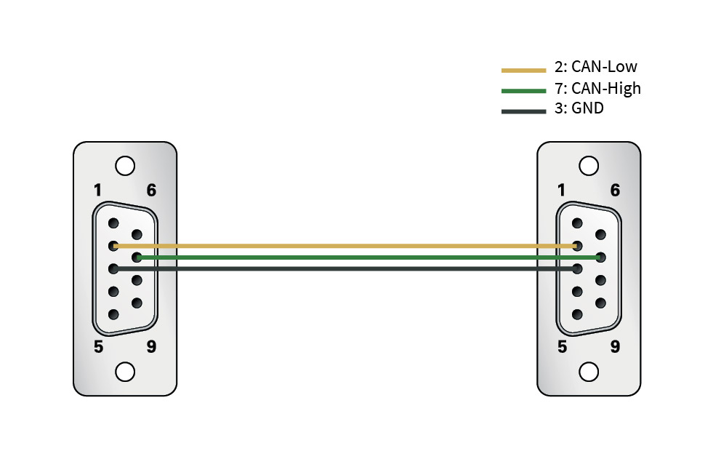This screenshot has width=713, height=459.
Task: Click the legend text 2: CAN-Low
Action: tap(595, 68)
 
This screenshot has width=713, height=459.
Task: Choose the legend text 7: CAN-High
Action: tap(597, 89)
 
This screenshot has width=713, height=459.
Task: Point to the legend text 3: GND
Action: tap(579, 109)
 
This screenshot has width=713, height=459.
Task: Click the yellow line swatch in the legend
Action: tap(523, 71)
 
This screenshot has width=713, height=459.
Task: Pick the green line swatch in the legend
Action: tap(523, 91)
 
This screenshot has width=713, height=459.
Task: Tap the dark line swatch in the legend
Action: tap(523, 111)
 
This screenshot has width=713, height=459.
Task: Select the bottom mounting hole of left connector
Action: tap(125, 372)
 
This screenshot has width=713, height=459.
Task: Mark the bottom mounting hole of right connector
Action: tap(589, 372)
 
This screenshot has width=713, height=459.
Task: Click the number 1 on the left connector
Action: tap(98, 191)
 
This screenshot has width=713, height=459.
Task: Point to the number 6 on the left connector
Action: tap(151, 191)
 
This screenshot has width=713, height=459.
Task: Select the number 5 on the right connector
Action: tap(561, 347)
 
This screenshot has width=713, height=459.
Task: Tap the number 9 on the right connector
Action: tap(615, 347)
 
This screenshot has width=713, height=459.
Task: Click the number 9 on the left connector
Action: tap(151, 347)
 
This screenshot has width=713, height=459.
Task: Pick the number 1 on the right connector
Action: tap(561, 191)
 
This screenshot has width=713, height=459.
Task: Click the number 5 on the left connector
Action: tap(98, 347)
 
